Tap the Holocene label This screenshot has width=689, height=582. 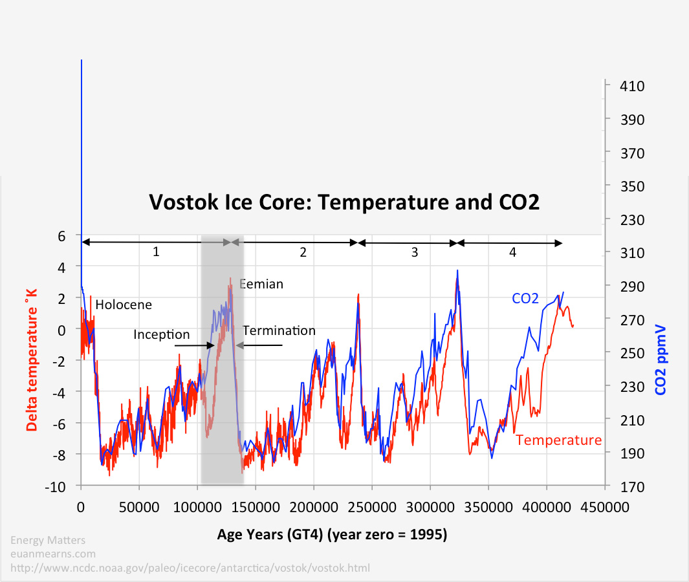coord(124,305)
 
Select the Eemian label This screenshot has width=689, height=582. coord(262,284)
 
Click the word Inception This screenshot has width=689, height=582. coord(162,334)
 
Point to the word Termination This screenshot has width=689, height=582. coord(279,330)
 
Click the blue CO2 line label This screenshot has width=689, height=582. coord(525,298)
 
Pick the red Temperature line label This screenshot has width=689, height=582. coord(559,440)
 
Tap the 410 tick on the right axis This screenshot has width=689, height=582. coord(622,86)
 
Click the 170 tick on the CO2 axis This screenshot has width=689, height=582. coord(622,486)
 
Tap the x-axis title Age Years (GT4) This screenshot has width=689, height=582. coord(332,535)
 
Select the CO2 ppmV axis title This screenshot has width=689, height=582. coord(661,360)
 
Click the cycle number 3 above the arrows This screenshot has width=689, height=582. coord(415,253)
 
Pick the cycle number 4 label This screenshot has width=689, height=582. coord(512,253)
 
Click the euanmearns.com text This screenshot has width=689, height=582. coord(53,554)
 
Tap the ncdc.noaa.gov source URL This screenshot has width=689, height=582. coord(190,568)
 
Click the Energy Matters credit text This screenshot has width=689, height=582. coord(48,540)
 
